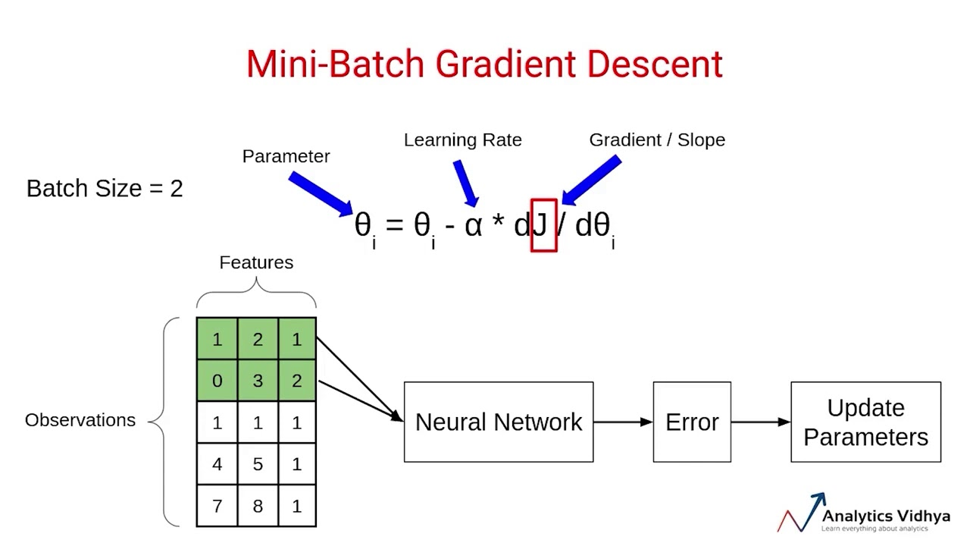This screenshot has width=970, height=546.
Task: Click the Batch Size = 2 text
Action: tap(105, 188)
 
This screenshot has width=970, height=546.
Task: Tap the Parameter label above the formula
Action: tap(286, 156)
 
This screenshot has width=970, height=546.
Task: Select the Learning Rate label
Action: tap(462, 140)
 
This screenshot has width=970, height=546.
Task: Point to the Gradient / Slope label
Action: tap(657, 140)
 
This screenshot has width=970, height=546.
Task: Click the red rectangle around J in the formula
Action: tap(544, 225)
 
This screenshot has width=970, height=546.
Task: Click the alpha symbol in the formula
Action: tap(473, 225)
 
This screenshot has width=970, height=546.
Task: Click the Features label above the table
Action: tap(256, 262)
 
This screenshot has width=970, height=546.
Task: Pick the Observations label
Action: tap(80, 420)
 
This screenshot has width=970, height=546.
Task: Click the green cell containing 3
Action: tap(258, 381)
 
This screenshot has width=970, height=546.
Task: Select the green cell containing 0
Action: tap(217, 381)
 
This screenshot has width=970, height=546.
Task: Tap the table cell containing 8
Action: tap(258, 506)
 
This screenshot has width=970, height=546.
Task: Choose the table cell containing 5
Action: tap(258, 464)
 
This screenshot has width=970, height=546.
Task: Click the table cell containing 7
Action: tap(217, 506)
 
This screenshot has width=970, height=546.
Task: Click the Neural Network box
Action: tap(499, 422)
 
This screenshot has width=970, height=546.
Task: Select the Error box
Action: tap(692, 422)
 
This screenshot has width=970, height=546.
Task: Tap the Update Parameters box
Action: tap(865, 422)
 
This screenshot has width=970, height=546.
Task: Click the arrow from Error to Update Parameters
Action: tap(760, 422)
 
